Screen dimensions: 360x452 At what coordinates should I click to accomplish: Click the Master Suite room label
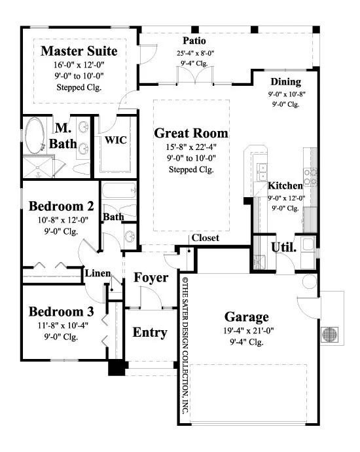(x=79, y=51)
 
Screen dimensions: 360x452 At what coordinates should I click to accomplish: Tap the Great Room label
(x=191, y=133)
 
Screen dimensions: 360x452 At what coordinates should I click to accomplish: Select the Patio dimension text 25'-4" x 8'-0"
(x=195, y=53)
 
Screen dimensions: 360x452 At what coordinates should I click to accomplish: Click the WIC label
(x=115, y=140)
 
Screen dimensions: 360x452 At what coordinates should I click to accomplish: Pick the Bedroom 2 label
(x=62, y=206)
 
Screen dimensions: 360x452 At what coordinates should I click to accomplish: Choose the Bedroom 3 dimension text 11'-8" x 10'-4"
(x=63, y=326)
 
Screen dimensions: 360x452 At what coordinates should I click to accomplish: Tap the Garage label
(x=247, y=317)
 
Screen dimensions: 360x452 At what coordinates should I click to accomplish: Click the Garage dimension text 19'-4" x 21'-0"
(x=249, y=331)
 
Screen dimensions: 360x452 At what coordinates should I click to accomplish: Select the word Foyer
(x=151, y=278)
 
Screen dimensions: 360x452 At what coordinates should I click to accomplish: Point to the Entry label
(x=150, y=333)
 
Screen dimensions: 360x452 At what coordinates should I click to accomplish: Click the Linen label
(x=98, y=273)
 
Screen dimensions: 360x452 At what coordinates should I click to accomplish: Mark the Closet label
(x=206, y=238)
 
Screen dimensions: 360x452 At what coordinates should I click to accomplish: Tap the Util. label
(x=283, y=248)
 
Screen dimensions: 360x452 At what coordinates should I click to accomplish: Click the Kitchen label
(x=285, y=185)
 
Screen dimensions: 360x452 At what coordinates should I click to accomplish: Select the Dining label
(x=285, y=82)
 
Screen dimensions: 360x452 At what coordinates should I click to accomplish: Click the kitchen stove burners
(x=310, y=177)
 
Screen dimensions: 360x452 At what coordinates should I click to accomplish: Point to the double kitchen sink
(x=262, y=172)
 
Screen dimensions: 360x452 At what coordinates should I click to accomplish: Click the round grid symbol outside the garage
(x=330, y=334)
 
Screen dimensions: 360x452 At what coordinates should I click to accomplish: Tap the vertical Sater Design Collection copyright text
(x=185, y=345)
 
